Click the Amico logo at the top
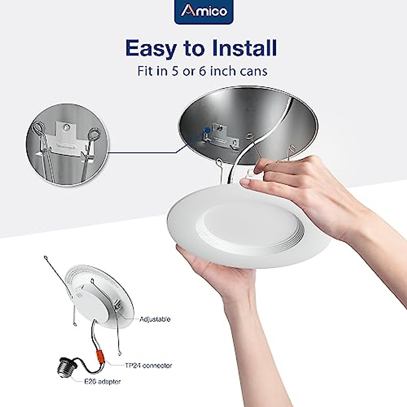click(x=203, y=12)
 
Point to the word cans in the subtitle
click(x=251, y=72)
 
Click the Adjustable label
click(x=155, y=319)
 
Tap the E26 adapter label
click(x=102, y=382)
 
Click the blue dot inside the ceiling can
click(x=206, y=129)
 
